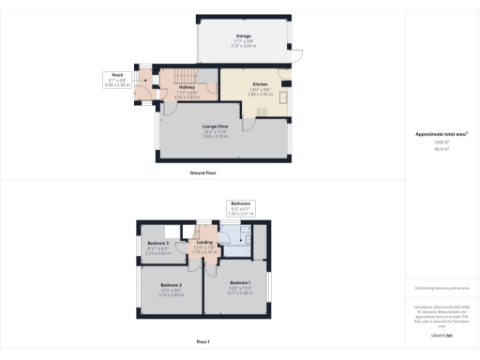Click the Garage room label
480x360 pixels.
point(244,36)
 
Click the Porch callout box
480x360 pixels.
point(118,79)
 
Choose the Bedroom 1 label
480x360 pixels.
point(241,282)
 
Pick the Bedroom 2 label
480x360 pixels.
point(170,284)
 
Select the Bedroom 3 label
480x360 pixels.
point(157,244)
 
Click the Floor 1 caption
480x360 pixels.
point(202,341)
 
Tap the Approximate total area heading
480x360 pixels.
point(441,135)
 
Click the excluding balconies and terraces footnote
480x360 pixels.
point(441,288)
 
